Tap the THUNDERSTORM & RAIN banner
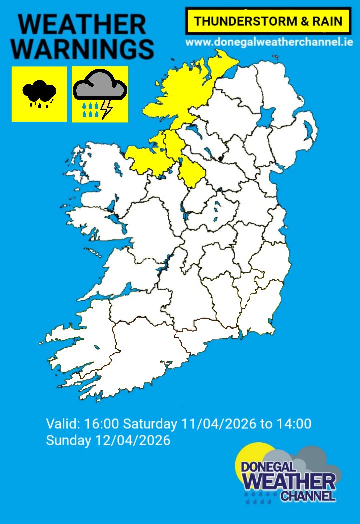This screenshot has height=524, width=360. click(268, 21)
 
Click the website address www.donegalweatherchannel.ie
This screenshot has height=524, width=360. click(269, 42)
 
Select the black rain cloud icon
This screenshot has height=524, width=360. click(39, 93)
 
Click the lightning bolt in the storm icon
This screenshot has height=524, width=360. click(106, 109)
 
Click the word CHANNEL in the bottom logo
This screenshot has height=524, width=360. click(308, 496)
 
